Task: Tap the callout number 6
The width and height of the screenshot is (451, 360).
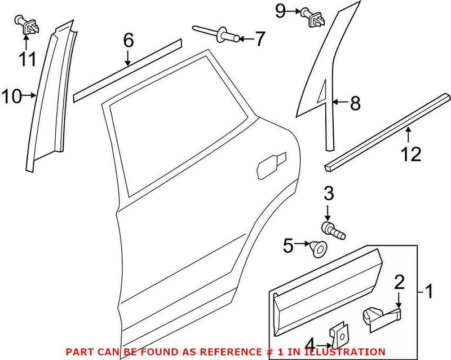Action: (x=129, y=40)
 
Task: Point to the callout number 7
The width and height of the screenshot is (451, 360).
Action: (x=259, y=39)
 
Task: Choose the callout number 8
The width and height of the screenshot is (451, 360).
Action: (x=355, y=103)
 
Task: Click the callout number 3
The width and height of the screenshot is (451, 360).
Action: (x=329, y=196)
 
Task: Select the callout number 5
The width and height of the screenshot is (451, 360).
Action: (x=288, y=245)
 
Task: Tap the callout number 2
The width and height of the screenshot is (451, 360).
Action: (x=400, y=282)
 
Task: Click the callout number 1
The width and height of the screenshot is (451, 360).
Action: (x=430, y=292)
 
